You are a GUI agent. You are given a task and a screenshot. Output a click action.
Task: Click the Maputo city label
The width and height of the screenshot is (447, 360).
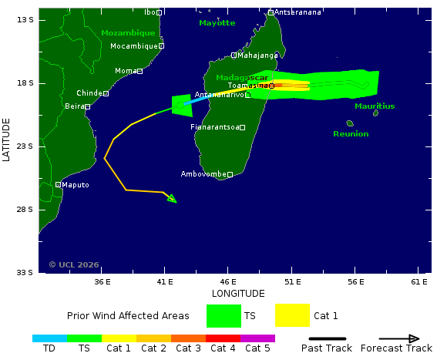click(76, 185)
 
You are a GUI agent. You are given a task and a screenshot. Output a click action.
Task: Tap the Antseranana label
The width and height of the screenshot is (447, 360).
click(298, 12)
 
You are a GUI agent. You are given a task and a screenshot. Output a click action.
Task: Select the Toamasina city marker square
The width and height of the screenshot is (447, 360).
click(271, 86)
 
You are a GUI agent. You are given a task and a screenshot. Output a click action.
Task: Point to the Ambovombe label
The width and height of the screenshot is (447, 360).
click(203, 174)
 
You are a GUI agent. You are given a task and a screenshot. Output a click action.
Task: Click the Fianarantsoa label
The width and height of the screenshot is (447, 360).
click(215, 127)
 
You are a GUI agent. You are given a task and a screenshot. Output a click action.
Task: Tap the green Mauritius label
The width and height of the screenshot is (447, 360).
click(375, 106)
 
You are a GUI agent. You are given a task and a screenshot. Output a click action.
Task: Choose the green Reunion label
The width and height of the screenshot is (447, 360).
click(351, 134)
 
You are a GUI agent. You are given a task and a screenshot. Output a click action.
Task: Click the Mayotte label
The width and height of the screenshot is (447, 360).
click(217, 23)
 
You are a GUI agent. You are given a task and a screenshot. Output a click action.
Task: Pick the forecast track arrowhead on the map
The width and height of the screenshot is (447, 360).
click(172, 199)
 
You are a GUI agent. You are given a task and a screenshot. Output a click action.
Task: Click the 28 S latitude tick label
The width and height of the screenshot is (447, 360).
click(25, 210)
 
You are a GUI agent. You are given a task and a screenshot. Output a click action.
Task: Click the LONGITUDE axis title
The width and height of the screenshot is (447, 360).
click(238, 294)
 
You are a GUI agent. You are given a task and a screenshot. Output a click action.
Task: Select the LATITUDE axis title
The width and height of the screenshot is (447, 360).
click(7, 139)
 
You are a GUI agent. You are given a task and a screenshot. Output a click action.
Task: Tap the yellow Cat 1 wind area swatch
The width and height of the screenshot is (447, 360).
click(292, 315)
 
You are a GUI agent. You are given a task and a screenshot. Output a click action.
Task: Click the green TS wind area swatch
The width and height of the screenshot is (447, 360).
click(223, 315)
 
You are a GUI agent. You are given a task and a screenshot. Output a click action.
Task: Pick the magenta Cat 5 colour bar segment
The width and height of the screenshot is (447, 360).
click(257, 338)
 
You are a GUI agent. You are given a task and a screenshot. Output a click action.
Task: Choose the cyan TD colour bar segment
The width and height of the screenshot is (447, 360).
click(49, 338)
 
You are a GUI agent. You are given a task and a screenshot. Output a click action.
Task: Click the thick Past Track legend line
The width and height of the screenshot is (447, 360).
click(328, 338)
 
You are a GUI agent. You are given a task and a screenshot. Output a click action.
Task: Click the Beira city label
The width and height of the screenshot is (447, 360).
click(74, 106)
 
